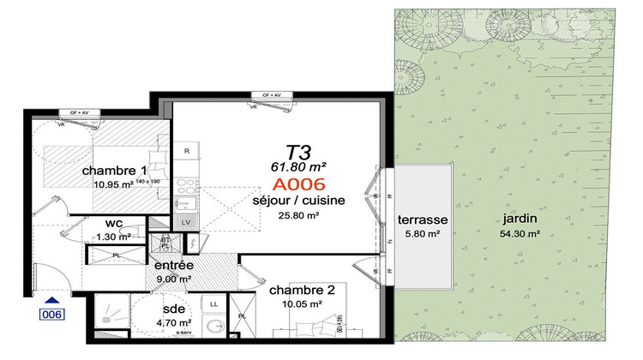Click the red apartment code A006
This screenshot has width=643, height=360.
[x=299, y=184]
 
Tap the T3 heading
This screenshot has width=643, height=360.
[x=297, y=153]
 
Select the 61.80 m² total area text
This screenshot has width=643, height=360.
[x=298, y=169]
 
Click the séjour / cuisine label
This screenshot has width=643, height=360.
[x=298, y=200]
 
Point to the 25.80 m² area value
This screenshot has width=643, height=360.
[x=298, y=216]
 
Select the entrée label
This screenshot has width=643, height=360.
[x=173, y=265]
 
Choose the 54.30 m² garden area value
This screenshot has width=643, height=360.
[x=520, y=233]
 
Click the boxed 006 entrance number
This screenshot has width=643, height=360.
[x=54, y=315]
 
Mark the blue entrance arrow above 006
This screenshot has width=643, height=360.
[x=54, y=300]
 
